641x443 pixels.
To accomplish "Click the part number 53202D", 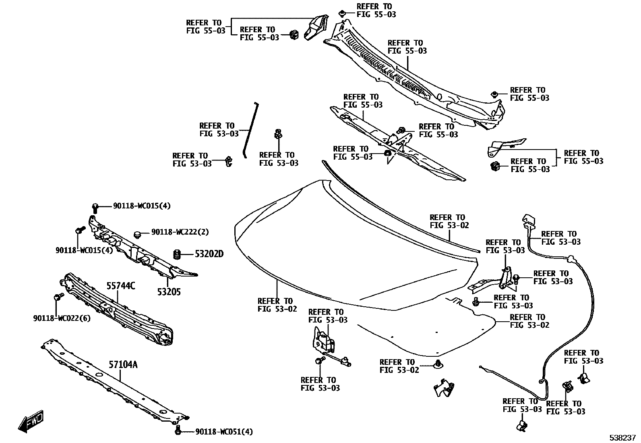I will (209, 254).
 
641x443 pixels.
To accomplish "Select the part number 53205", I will (169, 292).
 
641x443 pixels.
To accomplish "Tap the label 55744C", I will (120, 286).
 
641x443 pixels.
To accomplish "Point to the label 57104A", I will (123, 364).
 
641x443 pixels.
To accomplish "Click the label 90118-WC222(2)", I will (180, 232).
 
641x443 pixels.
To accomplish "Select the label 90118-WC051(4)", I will (224, 432).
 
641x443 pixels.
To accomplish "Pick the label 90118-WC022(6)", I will (62, 318).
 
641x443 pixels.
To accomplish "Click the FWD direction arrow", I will (30, 422).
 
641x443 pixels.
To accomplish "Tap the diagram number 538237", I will (622, 437).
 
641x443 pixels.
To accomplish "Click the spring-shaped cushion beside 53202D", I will (176, 254).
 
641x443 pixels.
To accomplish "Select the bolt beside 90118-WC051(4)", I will (178, 431).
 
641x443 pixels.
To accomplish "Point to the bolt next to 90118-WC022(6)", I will (57, 297).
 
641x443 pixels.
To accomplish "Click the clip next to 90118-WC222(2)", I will (137, 233).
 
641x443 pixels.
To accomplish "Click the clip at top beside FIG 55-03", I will (342, 13).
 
